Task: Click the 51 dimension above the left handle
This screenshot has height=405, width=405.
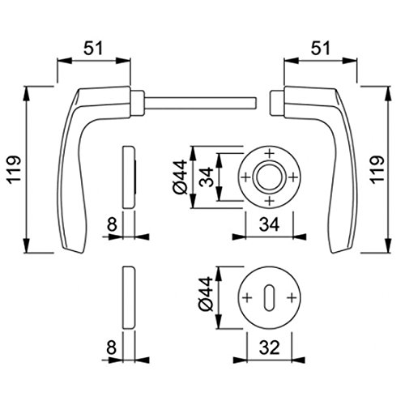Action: [93, 49]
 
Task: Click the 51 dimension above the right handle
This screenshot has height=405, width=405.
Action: [320, 49]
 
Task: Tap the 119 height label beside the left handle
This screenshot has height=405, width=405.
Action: [14, 169]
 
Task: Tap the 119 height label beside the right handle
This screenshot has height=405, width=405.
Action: [377, 169]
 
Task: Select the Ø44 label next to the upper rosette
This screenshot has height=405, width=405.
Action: [180, 177]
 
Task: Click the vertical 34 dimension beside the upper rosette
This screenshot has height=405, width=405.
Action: [206, 177]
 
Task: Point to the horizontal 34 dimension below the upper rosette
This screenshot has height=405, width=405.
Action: [269, 224]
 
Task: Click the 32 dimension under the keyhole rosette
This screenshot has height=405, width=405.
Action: [269, 347]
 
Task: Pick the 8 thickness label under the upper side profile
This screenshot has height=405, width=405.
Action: [112, 224]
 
